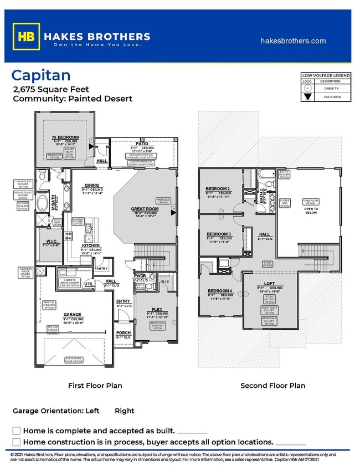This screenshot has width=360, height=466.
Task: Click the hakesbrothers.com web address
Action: tap(292, 41)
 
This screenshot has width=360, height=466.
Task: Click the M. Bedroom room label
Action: tap(66, 137)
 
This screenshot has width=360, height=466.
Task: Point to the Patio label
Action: tap(142, 144)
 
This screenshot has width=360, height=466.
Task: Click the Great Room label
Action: tap(146, 209)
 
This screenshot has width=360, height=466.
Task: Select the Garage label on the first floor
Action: tap(72, 314)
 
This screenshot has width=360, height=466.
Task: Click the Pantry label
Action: tap(101, 268)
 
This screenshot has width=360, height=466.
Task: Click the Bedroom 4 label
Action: tap(219, 291)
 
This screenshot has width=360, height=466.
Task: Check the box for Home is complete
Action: tap(17, 431)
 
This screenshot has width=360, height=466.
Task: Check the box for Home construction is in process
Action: tap(17, 442)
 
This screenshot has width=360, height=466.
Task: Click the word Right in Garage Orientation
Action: tap(125, 411)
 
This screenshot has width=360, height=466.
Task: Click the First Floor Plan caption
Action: tap(95, 385)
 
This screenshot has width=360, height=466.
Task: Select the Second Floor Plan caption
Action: tap(272, 385)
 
